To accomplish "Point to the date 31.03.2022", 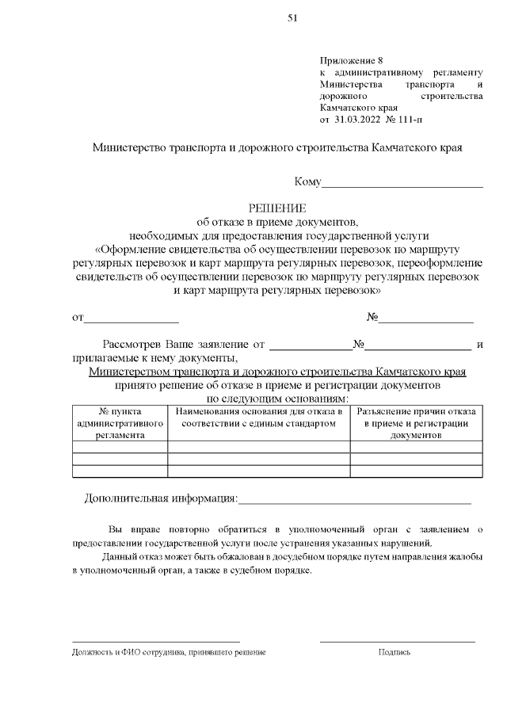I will click(x=356, y=120).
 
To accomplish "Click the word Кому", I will click(x=307, y=182).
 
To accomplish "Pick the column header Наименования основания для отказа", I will click(x=259, y=418).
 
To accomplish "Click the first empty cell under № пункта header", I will click(x=120, y=447).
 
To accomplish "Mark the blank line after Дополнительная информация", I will click(x=354, y=502).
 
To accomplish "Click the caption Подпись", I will click(x=395, y=652).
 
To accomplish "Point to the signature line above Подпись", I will click(x=397, y=641).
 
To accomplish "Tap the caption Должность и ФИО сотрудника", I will click(x=169, y=652).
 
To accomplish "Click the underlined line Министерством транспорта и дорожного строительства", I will click(x=277, y=372).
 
